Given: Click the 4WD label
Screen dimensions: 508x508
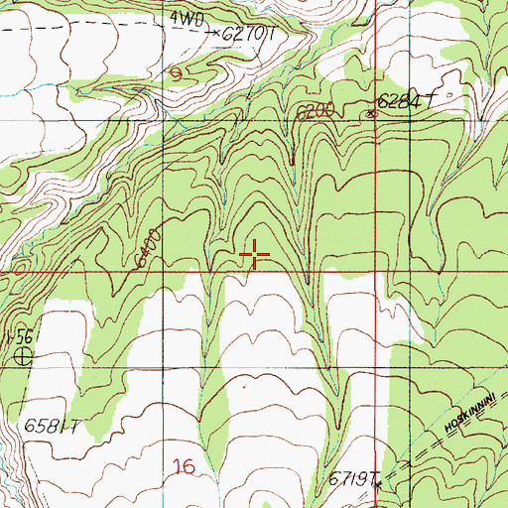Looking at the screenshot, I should pyautogui.click(x=183, y=18).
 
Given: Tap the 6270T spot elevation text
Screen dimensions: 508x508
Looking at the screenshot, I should pyautogui.click(x=248, y=34).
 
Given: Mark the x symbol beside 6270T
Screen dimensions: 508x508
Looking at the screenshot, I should pyautogui.click(x=216, y=33).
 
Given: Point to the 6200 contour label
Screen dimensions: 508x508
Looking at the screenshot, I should pyautogui.click(x=312, y=113).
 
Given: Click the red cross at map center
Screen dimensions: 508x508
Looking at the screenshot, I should pyautogui.click(x=255, y=255).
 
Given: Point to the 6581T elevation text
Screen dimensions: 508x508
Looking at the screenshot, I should pyautogui.click(x=51, y=429).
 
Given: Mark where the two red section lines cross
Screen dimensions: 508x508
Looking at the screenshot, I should pyautogui.click(x=376, y=268).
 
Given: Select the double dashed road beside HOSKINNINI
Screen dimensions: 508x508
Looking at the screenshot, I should pyautogui.click(x=437, y=448).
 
